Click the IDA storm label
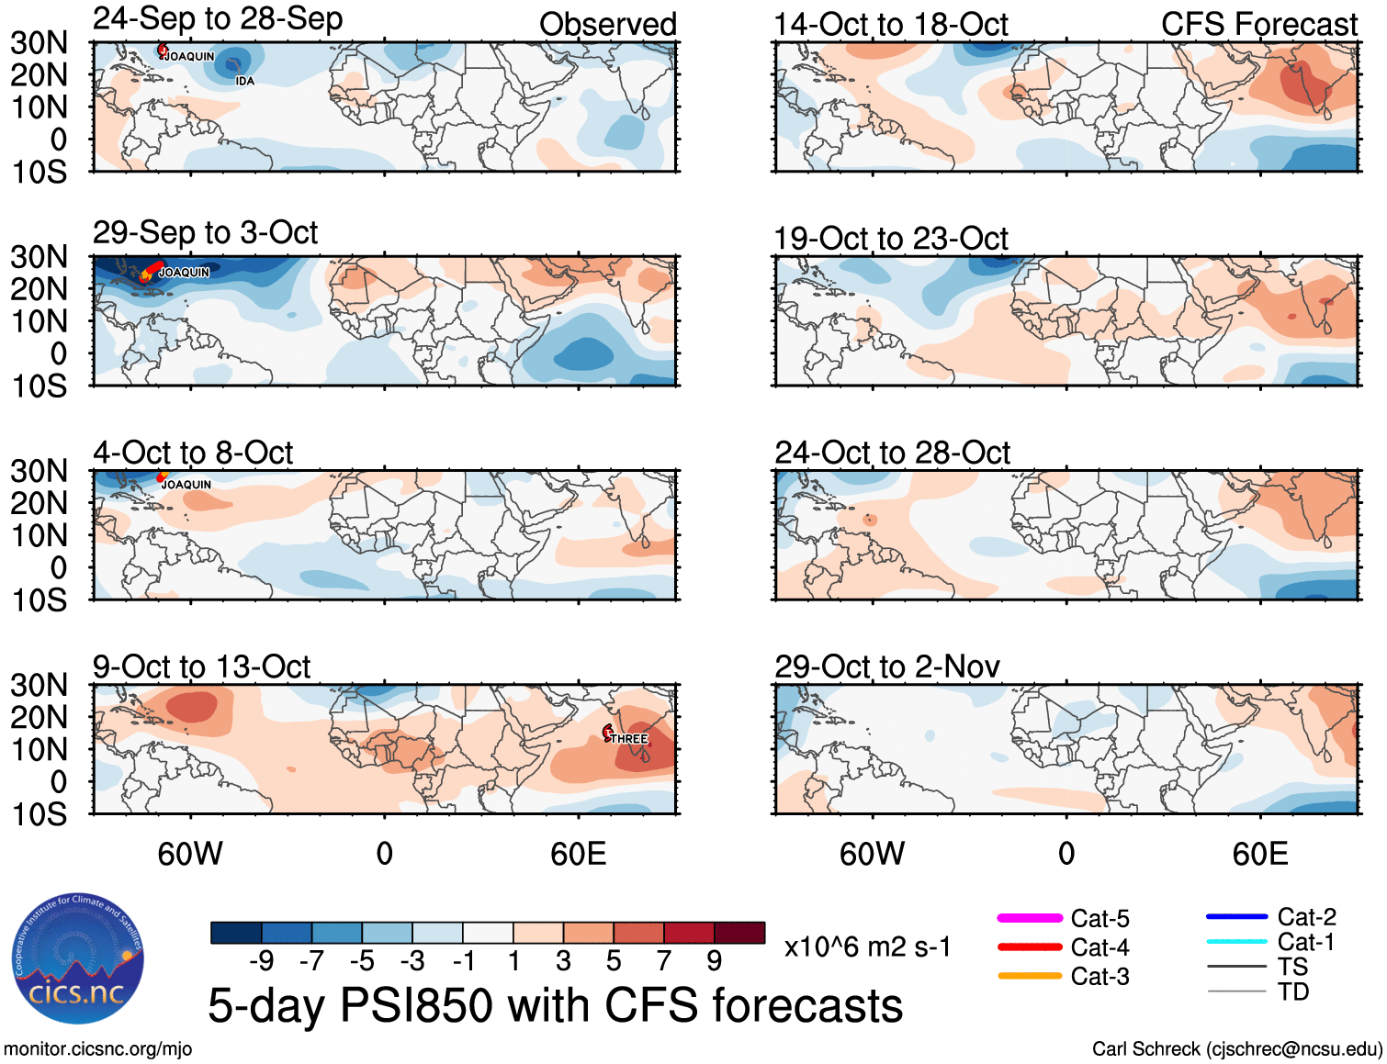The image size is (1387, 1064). pos(244,82)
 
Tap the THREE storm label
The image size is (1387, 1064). pos(629,739)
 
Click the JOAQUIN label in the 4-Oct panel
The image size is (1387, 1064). pos(186,485)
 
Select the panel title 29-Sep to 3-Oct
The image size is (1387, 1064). pos(205,233)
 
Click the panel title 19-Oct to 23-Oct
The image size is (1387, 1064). pos(891,240)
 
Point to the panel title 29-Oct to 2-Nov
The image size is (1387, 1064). pos(886,667)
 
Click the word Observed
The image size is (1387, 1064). pos(607,25)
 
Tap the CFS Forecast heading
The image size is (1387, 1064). pos(1258,25)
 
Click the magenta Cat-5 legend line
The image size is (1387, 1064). pos(1030,918)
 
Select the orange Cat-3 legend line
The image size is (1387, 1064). pos(1030,976)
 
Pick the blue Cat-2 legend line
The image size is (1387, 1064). pos(1236,917)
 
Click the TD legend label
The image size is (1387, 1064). pos(1293,991)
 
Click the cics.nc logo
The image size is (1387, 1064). pos(77,959)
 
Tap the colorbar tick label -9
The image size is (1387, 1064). pos(261,961)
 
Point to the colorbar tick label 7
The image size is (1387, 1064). pos(663,961)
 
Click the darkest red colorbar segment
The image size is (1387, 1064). pos(739,933)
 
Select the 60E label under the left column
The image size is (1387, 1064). pos(578,855)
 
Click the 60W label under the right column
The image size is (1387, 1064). pos(872,855)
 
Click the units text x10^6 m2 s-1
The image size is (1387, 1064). pos(867,947)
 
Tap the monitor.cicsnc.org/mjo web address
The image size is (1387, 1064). pos(97,1049)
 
